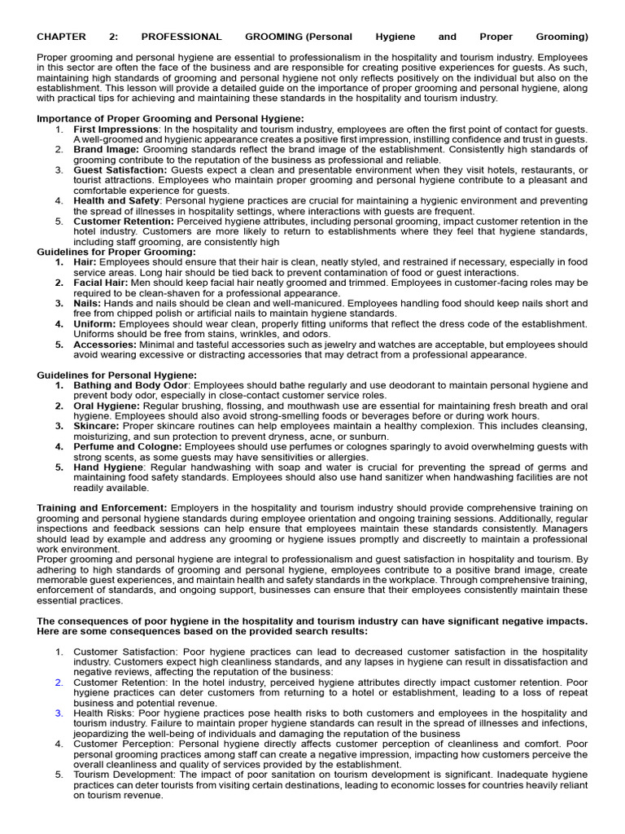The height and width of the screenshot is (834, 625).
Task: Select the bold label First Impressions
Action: tap(115, 129)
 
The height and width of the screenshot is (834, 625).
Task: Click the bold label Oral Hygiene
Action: tap(106, 406)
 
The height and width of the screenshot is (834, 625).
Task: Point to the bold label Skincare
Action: tap(96, 426)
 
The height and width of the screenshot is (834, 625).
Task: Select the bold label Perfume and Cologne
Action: tap(128, 446)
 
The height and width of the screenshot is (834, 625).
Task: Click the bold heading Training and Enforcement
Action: tap(102, 508)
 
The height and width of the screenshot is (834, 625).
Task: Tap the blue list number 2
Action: tap(59, 683)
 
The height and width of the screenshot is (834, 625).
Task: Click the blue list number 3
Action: tap(59, 713)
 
